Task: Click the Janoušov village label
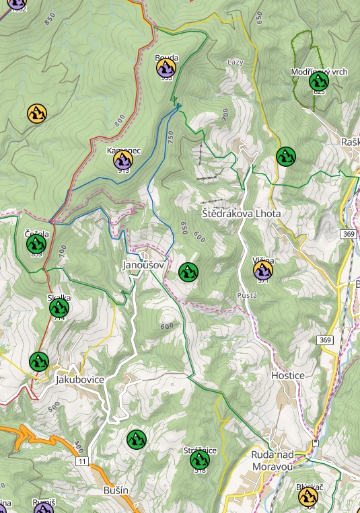143,266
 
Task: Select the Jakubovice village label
79,379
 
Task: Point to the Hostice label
287,375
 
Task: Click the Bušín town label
116,491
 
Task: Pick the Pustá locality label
247,296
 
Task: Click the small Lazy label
235,62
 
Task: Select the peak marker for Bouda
166,67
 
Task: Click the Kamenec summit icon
122,159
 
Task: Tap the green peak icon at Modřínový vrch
318,81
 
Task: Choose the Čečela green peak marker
36,244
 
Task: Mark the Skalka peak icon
59,308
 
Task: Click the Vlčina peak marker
263,270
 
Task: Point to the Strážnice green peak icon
199,460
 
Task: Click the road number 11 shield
82,461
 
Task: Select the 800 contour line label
120,120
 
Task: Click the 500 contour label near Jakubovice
54,407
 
